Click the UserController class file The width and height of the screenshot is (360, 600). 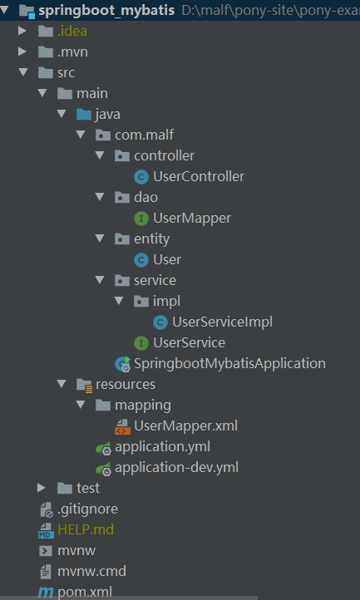[199, 176]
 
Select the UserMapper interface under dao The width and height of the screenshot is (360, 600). [192, 218]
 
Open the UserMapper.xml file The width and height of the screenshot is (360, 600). [185, 425]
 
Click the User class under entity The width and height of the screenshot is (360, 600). [167, 259]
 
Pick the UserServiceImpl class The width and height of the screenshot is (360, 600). [222, 322]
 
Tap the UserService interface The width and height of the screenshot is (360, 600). [189, 342]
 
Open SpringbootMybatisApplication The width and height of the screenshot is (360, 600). [229, 363]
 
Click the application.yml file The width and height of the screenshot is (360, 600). [162, 446]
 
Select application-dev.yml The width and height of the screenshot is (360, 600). [176, 467]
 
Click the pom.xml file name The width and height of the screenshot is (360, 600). [85, 592]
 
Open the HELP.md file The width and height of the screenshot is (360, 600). [86, 529]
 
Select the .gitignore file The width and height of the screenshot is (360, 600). [87, 509]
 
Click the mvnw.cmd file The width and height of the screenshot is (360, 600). [91, 571]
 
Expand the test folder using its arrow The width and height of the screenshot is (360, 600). [42, 488]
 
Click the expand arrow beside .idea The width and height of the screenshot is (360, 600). [22, 31]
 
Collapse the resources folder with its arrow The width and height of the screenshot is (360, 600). [62, 383]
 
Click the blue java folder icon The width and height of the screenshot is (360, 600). [84, 115]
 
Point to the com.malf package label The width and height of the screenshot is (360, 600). [145, 135]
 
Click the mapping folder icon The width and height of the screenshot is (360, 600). [103, 405]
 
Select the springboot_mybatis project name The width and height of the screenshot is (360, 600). [106, 10]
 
